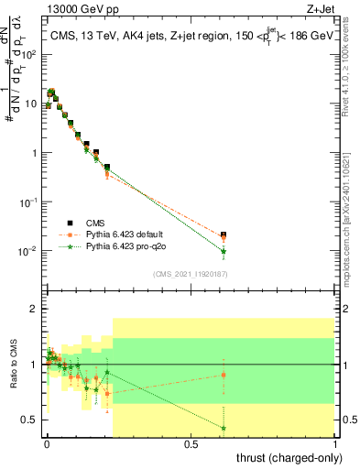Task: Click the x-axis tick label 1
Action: [x=333, y=443]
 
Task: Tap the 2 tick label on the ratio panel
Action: [x=33, y=309]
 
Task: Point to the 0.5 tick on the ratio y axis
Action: [x=29, y=420]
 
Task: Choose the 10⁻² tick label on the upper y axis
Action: [x=28, y=250]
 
